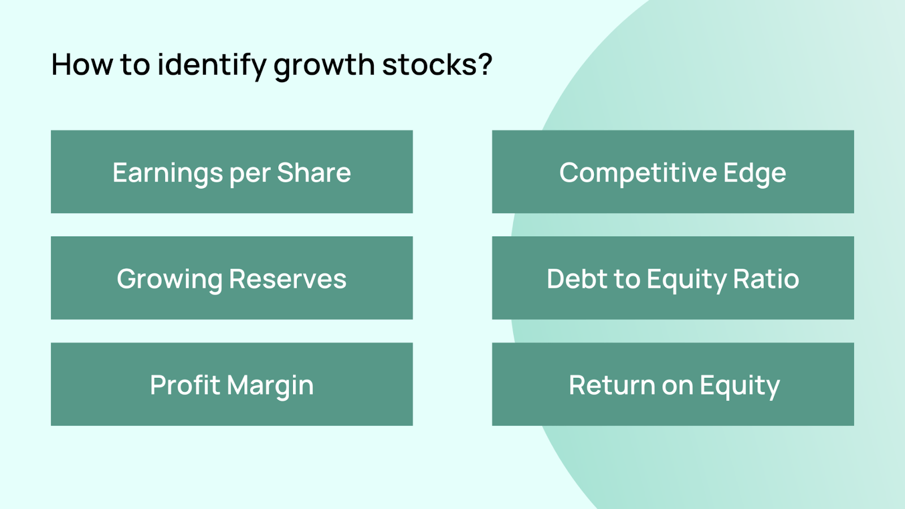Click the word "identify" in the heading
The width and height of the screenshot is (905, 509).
[x=212, y=64]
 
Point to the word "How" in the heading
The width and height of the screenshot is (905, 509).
[x=82, y=64]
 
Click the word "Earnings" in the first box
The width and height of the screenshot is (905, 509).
[x=167, y=173]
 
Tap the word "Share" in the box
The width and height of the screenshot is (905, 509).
[x=314, y=172]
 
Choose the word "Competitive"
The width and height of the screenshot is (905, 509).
[x=638, y=173]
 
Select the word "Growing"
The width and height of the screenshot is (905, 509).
[x=169, y=279]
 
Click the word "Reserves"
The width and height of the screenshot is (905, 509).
[x=288, y=279]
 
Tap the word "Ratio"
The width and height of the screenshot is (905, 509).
[x=766, y=279]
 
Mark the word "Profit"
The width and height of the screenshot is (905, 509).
[x=184, y=385]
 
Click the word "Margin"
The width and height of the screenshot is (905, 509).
[x=270, y=386]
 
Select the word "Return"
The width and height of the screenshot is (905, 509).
[x=611, y=385]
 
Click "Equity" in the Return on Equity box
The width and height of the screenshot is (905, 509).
[x=740, y=386]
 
